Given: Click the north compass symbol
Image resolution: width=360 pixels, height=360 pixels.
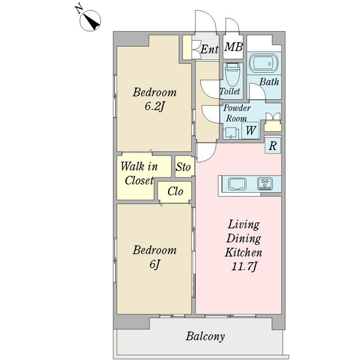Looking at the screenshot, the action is click(x=90, y=20).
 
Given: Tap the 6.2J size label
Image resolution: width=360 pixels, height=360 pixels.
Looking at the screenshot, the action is click(x=155, y=106).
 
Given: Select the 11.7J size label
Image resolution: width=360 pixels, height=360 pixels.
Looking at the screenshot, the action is click(x=244, y=267).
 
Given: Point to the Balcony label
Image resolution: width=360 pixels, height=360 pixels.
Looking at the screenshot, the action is click(x=205, y=337).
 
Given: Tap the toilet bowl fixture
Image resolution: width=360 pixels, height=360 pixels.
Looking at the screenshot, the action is click(x=233, y=74).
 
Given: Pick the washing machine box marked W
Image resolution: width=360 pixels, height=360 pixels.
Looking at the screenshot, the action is click(x=250, y=130).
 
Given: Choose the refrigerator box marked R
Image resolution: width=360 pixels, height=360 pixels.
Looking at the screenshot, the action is click(x=273, y=146).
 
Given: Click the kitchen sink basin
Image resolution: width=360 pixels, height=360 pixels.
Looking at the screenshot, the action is click(x=238, y=184).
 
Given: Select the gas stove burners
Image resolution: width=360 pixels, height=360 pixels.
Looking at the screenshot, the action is click(x=265, y=184).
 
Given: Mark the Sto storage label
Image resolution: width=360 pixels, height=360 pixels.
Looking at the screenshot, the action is click(x=183, y=167).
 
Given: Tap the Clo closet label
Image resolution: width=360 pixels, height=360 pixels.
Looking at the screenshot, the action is click(x=175, y=191).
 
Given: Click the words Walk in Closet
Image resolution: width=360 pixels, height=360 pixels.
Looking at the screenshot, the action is click(x=139, y=173).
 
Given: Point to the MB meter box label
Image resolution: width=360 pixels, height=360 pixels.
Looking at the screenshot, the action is click(x=233, y=47).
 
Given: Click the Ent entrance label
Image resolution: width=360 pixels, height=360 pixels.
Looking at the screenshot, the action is click(x=209, y=49).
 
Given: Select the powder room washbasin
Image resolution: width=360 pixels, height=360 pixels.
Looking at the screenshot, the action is click(x=232, y=133).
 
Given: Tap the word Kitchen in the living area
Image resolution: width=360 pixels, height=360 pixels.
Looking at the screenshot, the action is click(x=244, y=253).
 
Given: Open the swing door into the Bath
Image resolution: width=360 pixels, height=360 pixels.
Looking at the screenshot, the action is click(x=257, y=91).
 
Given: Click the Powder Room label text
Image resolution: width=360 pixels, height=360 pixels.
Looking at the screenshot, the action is click(x=236, y=113).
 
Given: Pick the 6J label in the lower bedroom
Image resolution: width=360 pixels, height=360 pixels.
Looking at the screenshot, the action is click(x=155, y=264).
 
